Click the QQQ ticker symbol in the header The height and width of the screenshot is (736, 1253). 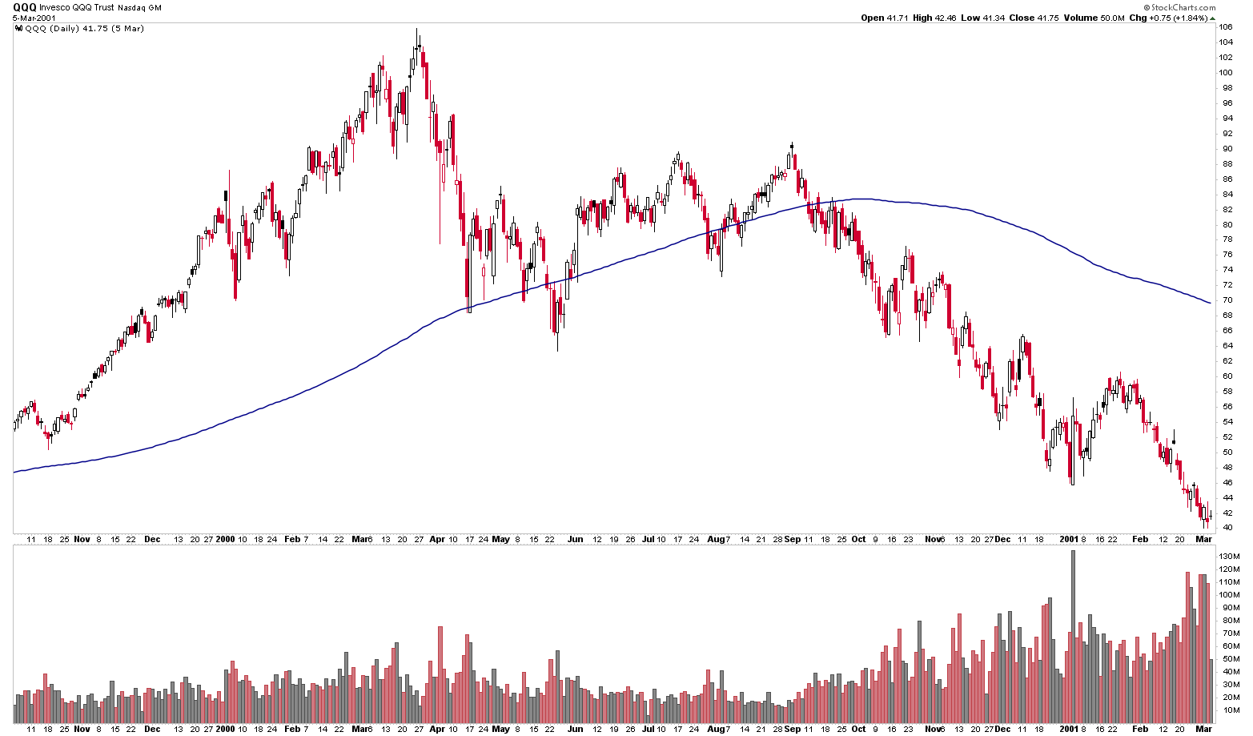[24, 6]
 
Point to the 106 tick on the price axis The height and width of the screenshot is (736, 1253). [1226, 26]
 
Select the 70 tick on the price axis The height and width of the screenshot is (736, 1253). [1225, 300]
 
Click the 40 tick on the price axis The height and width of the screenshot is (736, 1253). [1225, 528]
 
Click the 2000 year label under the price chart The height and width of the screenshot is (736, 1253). [224, 540]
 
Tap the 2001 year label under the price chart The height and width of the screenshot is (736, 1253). [1070, 540]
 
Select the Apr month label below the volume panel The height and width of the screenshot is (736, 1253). [437, 730]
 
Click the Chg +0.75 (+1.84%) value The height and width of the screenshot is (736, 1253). [1172, 18]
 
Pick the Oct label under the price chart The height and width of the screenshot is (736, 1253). [857, 540]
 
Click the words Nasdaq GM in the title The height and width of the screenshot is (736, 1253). [143, 7]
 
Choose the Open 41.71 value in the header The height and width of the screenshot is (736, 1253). [884, 18]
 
